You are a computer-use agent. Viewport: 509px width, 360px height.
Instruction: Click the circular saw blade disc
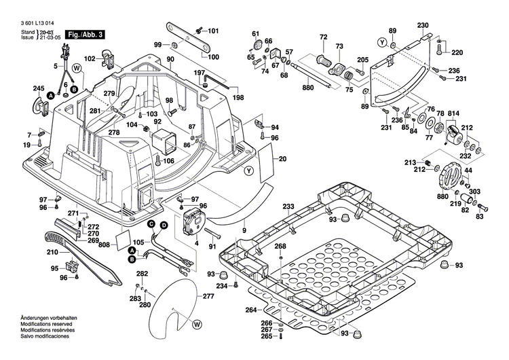click(x=175, y=306)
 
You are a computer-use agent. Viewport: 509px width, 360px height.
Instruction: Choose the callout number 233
click(x=288, y=206)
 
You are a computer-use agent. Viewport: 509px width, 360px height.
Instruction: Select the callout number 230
click(x=423, y=25)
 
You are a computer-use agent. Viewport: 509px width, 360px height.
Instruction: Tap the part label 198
click(x=238, y=98)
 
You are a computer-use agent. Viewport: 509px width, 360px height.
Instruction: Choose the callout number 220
click(x=457, y=53)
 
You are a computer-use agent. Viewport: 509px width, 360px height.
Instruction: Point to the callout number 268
click(x=280, y=246)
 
